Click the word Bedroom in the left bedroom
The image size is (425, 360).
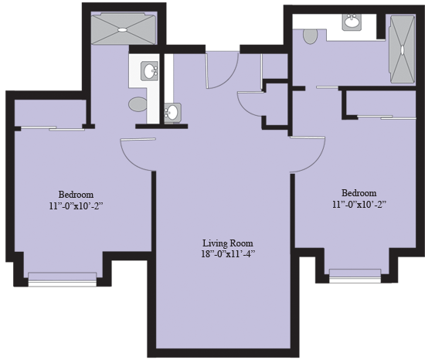click(x=76, y=194)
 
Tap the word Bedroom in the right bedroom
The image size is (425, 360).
click(x=359, y=193)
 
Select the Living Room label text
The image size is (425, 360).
click(x=224, y=242)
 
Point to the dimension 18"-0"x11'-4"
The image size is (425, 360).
click(x=224, y=253)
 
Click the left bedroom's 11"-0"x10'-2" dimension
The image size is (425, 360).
click(x=76, y=205)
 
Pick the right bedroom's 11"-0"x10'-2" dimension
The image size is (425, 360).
click(x=359, y=205)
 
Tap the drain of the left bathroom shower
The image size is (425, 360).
click(x=121, y=29)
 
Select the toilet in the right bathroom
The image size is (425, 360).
click(x=311, y=36)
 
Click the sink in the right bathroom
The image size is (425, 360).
click(x=352, y=22)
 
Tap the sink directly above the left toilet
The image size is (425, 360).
click(x=149, y=71)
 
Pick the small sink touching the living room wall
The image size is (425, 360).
click(x=172, y=113)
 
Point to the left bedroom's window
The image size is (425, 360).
click(x=63, y=277)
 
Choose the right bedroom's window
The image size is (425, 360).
click(x=355, y=273)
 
